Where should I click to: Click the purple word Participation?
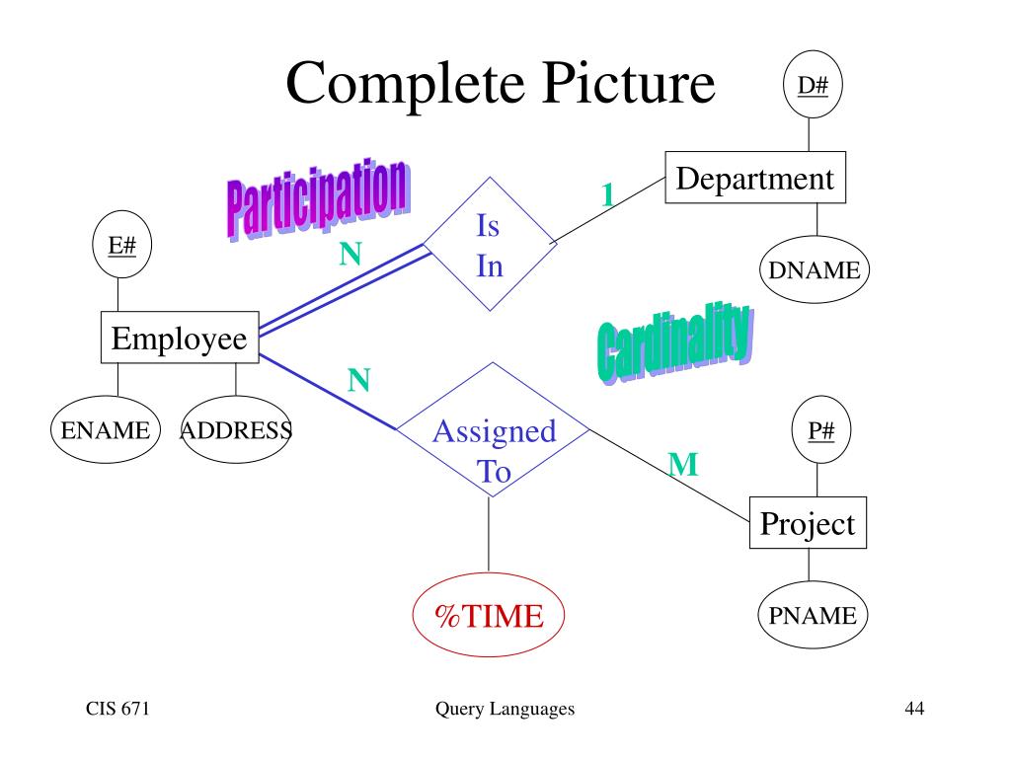point(319,198)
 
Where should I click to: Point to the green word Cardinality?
point(675,341)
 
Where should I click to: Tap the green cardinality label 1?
point(607,194)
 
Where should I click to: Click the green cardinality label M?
point(683,464)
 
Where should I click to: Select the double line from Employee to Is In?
point(345,289)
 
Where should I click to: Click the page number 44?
point(914,709)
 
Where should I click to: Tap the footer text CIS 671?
point(117,709)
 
